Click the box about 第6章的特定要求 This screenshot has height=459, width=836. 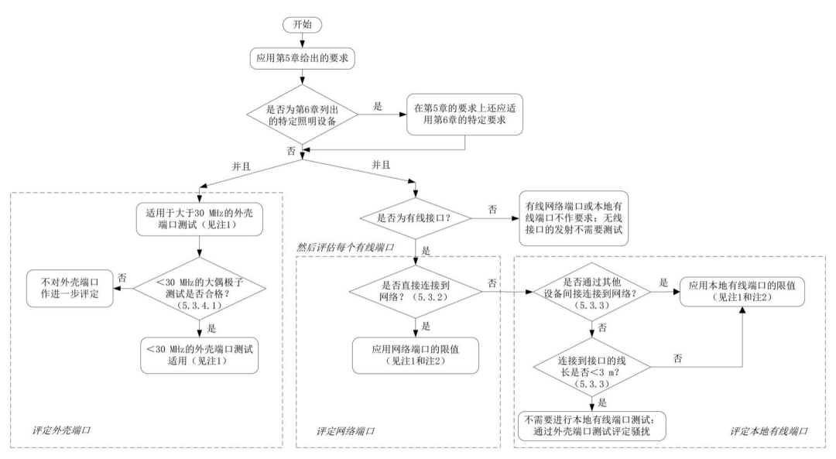[464, 113]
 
